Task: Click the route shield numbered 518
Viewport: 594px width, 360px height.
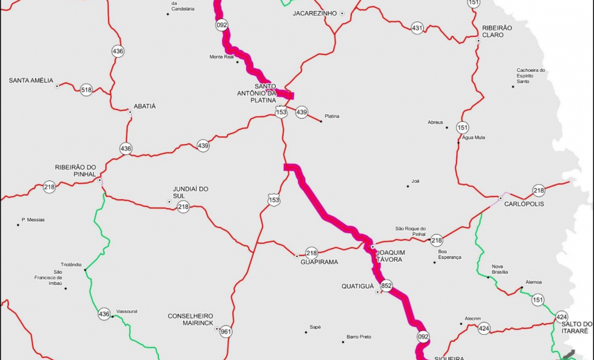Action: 86,90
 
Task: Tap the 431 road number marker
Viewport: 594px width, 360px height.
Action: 417,28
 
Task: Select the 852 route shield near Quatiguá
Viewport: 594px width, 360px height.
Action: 387,286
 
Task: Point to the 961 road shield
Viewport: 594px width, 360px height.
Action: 225,331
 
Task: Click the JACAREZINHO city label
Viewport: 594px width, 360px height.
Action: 315,13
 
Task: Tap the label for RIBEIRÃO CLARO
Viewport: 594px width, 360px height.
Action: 497,31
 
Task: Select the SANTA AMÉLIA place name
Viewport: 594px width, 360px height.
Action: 31,80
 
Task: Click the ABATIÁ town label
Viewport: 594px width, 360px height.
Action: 144,106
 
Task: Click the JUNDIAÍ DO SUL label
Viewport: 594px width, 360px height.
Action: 190,192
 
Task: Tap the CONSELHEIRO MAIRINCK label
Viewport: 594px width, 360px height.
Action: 191,320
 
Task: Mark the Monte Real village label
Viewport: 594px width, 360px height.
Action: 221,57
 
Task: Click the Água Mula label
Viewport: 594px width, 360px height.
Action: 473,138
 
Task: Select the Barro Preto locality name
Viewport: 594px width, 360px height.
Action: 359,337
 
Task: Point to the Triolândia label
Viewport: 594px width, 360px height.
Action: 71,265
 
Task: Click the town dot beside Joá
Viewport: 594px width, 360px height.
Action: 408,187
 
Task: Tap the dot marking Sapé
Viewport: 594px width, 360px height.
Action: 306,333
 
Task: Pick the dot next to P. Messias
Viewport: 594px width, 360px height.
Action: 18,225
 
